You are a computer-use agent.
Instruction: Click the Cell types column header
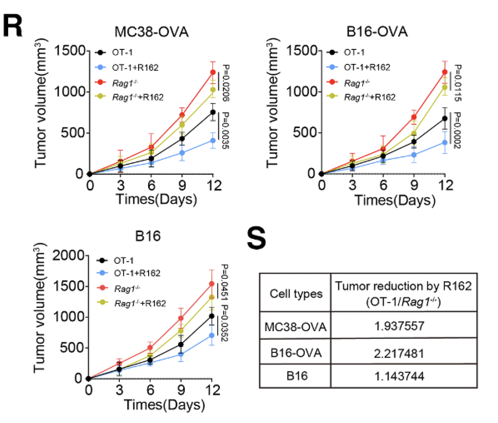(x=296, y=294)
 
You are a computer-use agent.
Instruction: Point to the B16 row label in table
(x=296, y=376)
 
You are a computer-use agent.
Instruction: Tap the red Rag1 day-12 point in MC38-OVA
(x=213, y=72)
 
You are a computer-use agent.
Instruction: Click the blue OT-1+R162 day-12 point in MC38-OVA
(x=213, y=140)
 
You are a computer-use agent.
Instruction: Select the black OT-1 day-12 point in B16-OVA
(x=444, y=119)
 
